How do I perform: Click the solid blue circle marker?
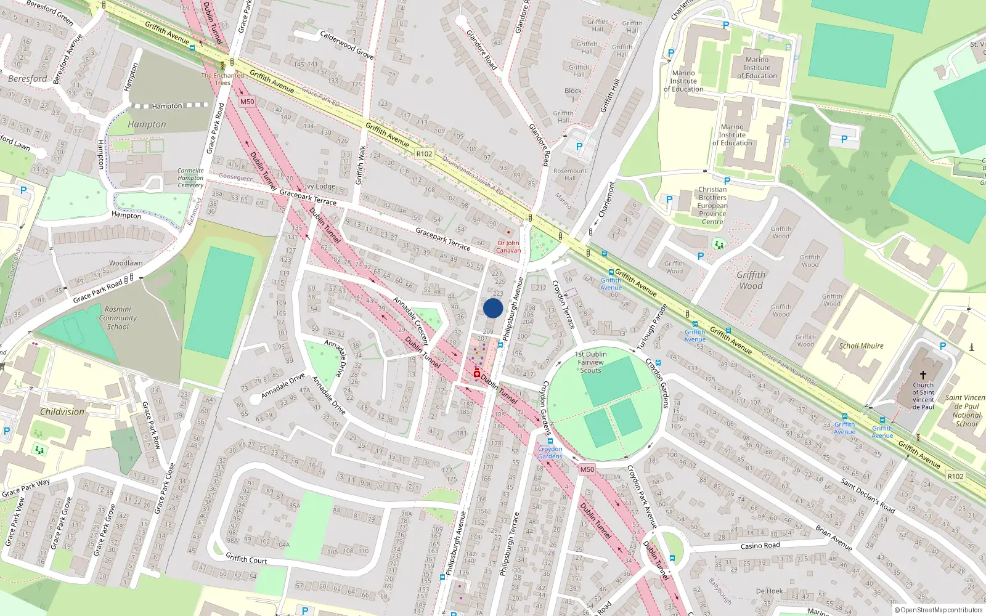[x=493, y=308]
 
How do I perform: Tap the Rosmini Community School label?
[x=118, y=318]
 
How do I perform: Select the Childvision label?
[x=62, y=411]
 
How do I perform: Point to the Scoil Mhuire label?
[x=861, y=346]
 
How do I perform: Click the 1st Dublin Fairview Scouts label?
[x=590, y=362]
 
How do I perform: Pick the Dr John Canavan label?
[x=508, y=246]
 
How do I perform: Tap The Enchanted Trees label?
[x=222, y=79]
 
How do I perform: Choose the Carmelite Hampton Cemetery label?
[x=190, y=177]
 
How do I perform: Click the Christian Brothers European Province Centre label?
[x=712, y=206]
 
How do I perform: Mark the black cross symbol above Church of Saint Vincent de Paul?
[x=923, y=375]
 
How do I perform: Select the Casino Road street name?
[x=760, y=546]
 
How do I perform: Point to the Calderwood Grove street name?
[x=346, y=44]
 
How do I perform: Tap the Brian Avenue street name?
[x=834, y=538]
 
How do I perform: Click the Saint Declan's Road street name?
[x=868, y=496]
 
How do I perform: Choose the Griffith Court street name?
[x=246, y=559]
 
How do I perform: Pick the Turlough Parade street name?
[x=652, y=326]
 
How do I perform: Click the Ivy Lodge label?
[x=320, y=186]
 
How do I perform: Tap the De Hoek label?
[x=769, y=591]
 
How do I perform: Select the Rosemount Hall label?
[x=570, y=174]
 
